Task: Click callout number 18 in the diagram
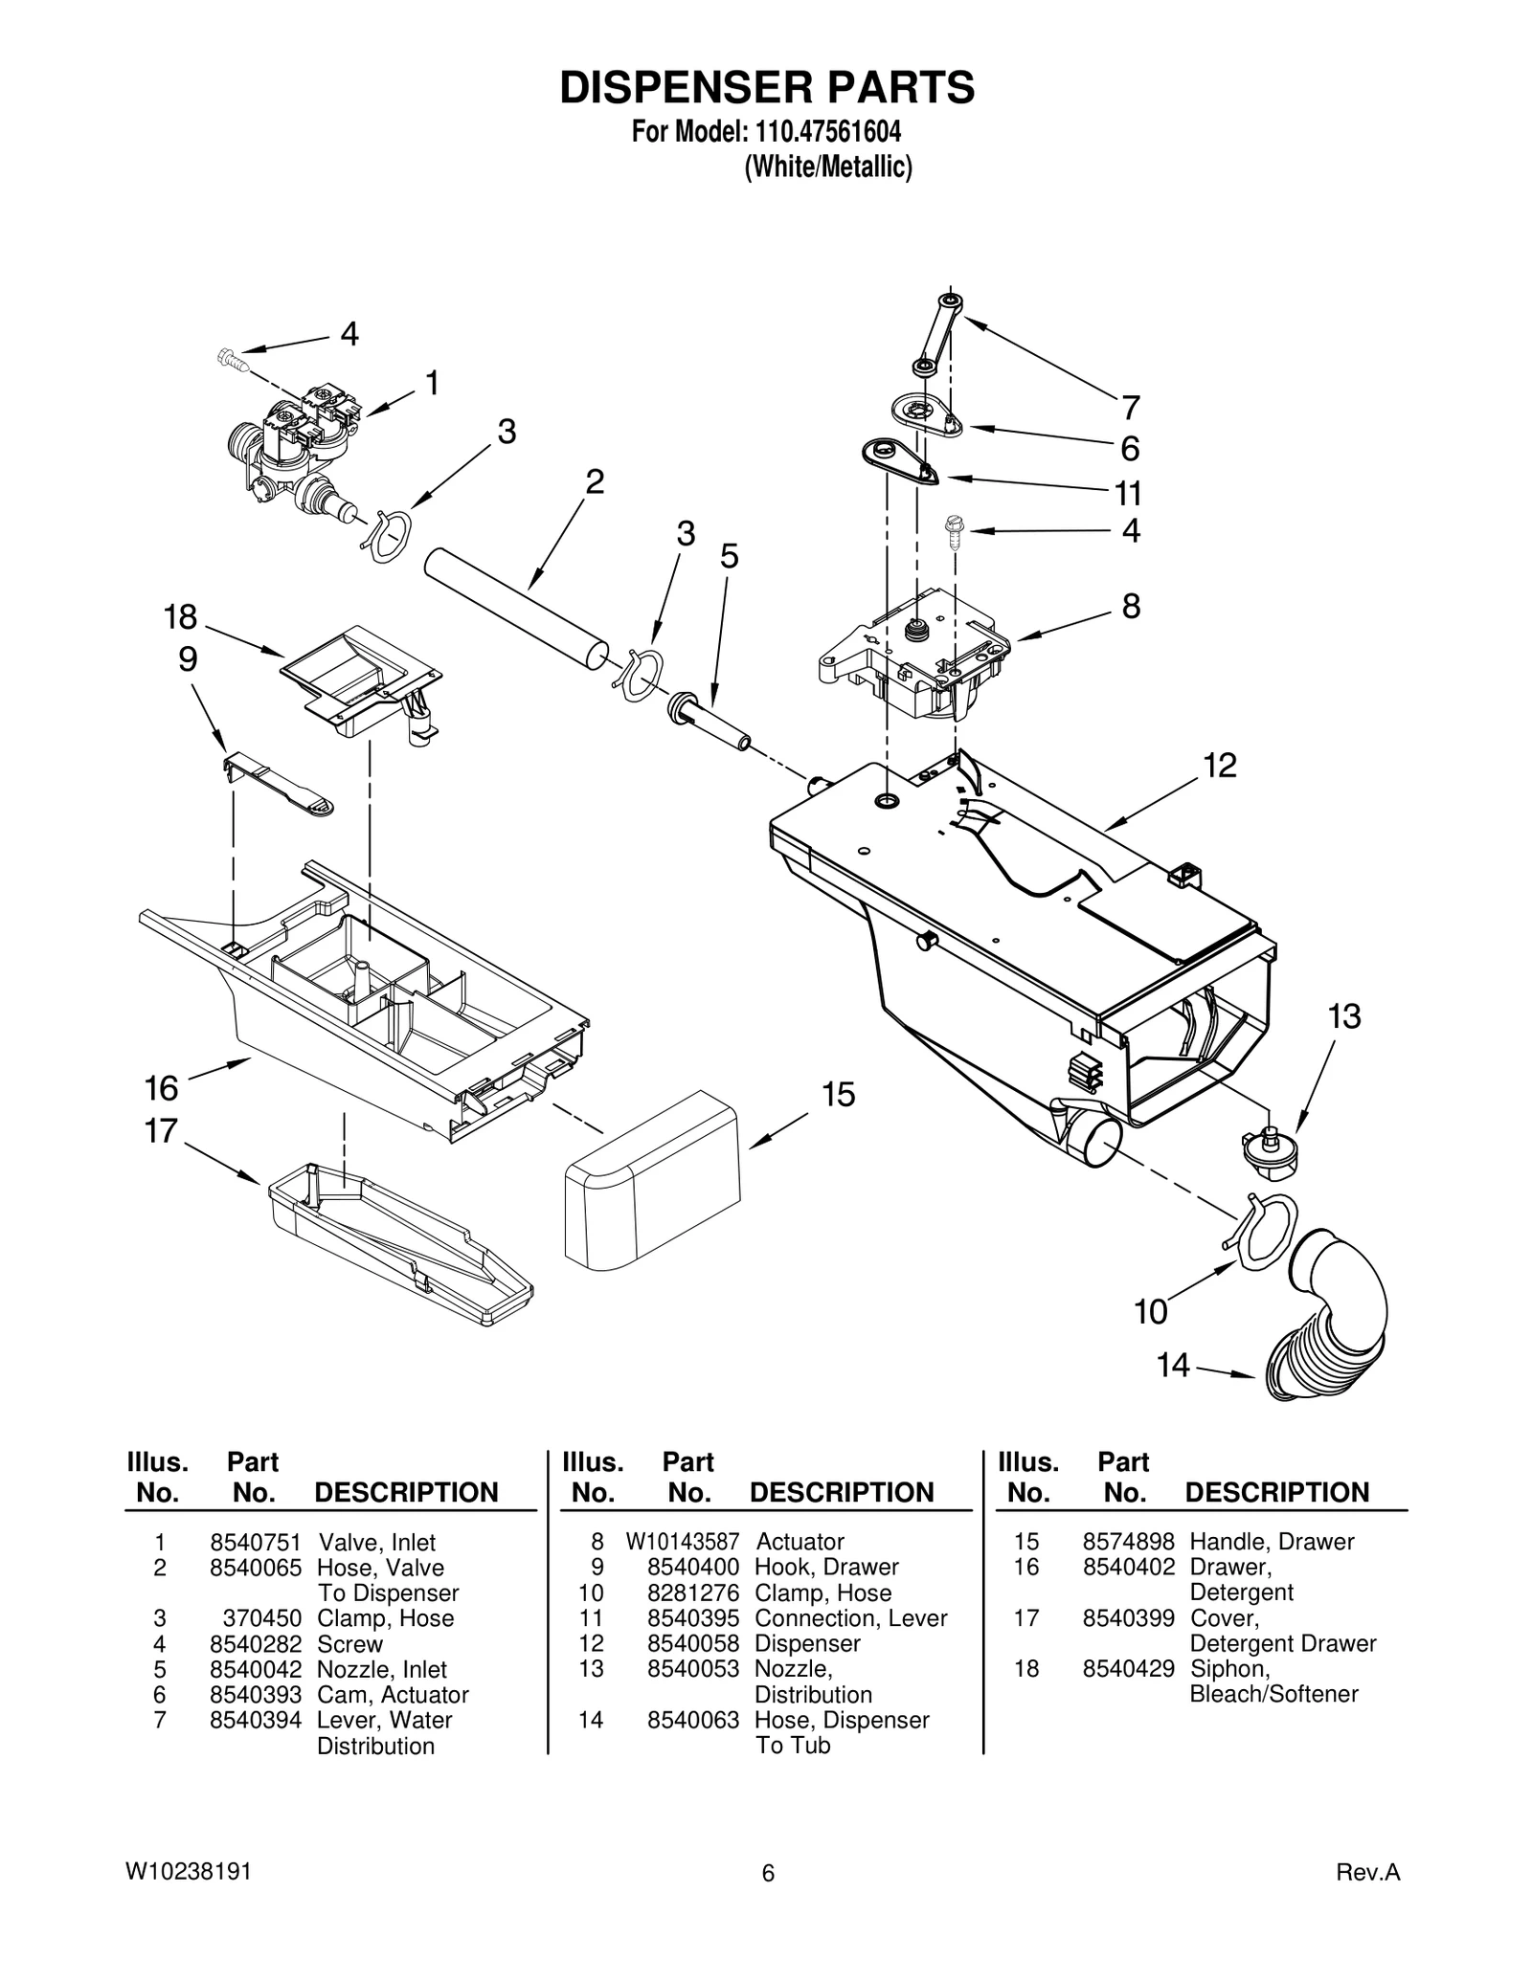pos(180,618)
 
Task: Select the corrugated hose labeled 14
pos(1326,1320)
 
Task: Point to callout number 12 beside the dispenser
pos(1220,765)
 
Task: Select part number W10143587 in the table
pos(682,1542)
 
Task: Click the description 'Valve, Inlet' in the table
pos(376,1543)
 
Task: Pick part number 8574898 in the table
pos(1128,1542)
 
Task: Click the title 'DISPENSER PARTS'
pos(767,87)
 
